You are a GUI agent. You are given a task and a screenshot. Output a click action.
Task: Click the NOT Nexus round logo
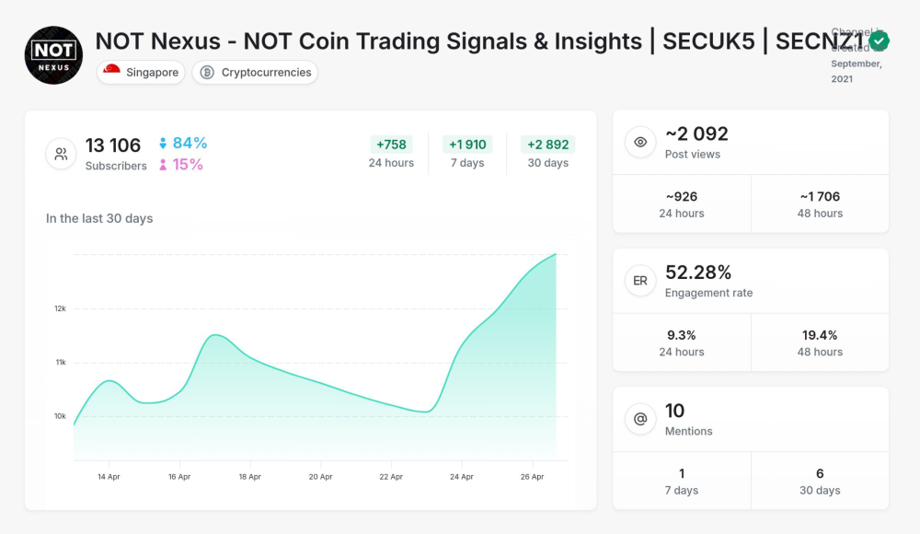click(x=53, y=55)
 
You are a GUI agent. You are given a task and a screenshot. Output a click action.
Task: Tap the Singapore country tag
click(x=141, y=73)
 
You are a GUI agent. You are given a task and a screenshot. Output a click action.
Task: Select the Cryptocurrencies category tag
click(x=255, y=73)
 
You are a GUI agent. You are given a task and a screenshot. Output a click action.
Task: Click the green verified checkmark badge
click(x=879, y=41)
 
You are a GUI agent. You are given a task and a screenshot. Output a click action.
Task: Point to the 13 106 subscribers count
click(x=113, y=145)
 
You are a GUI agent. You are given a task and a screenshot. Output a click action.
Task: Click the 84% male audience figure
click(x=190, y=143)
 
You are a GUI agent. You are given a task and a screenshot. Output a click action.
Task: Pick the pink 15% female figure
click(x=188, y=165)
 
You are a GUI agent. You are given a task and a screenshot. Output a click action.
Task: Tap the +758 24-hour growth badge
click(x=391, y=145)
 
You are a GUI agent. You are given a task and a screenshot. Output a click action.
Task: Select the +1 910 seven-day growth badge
click(x=467, y=145)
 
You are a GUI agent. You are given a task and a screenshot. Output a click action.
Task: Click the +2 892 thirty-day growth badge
click(x=548, y=145)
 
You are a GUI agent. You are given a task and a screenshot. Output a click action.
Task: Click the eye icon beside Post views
click(x=640, y=143)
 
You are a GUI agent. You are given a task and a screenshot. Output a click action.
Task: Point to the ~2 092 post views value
click(x=696, y=134)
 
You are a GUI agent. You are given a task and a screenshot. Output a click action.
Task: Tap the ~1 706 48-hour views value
click(x=820, y=196)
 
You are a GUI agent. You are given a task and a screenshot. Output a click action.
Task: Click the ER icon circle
click(x=640, y=281)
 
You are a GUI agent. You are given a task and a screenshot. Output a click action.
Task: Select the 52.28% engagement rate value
click(x=698, y=273)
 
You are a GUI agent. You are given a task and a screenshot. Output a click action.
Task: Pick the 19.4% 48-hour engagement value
click(x=820, y=335)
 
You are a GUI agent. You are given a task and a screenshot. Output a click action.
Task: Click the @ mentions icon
click(x=640, y=420)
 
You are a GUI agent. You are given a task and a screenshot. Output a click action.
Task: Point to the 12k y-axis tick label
click(x=60, y=308)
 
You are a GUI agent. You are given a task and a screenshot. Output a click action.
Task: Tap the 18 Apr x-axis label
click(x=250, y=477)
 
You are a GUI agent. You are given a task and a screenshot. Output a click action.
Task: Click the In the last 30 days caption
click(x=99, y=219)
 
